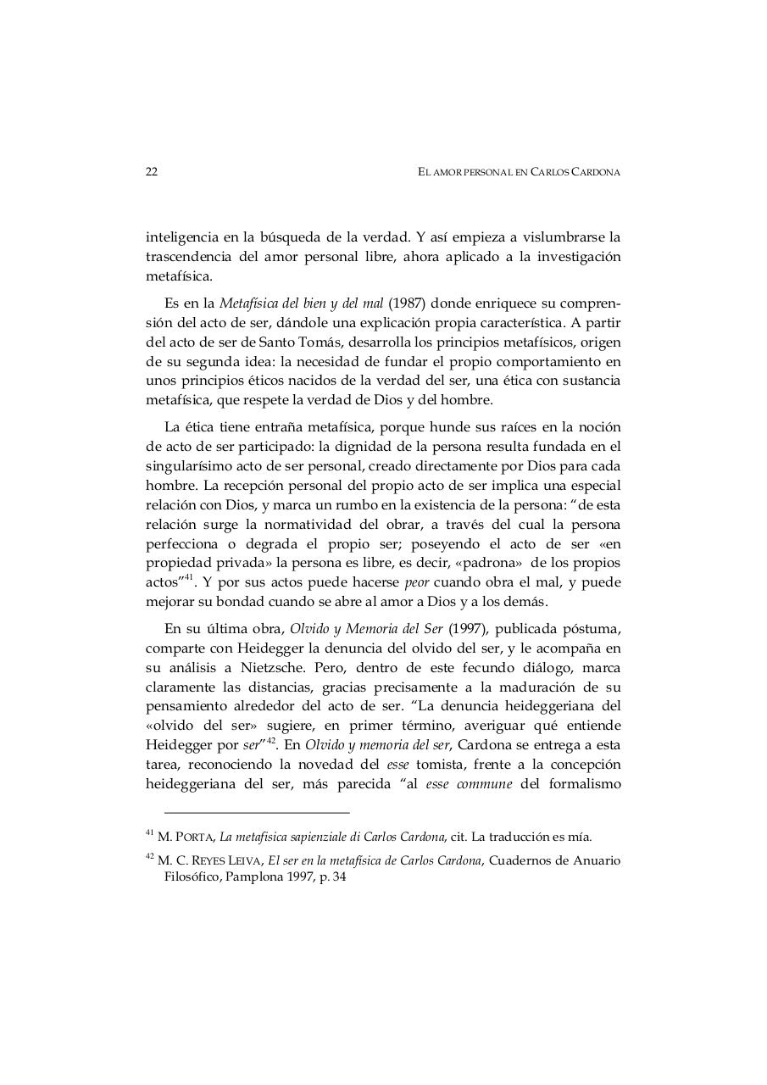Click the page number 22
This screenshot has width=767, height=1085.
click(x=152, y=172)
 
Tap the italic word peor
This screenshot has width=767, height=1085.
click(x=416, y=582)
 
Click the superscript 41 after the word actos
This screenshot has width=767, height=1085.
click(x=190, y=578)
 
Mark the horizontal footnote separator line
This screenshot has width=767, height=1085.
click(x=257, y=812)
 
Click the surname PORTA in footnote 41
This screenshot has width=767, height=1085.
click(x=194, y=837)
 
